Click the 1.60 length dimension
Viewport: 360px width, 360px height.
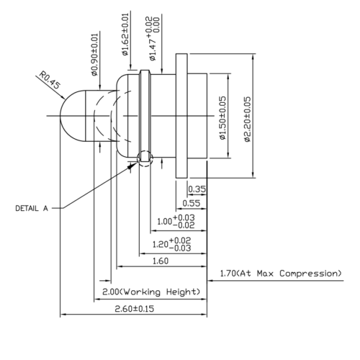click(160, 261)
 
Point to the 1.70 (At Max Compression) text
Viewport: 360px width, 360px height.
click(280, 274)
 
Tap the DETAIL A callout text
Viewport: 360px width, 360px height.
click(32, 208)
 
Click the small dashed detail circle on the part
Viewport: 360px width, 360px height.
click(145, 157)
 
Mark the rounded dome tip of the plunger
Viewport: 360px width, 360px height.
click(68, 116)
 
